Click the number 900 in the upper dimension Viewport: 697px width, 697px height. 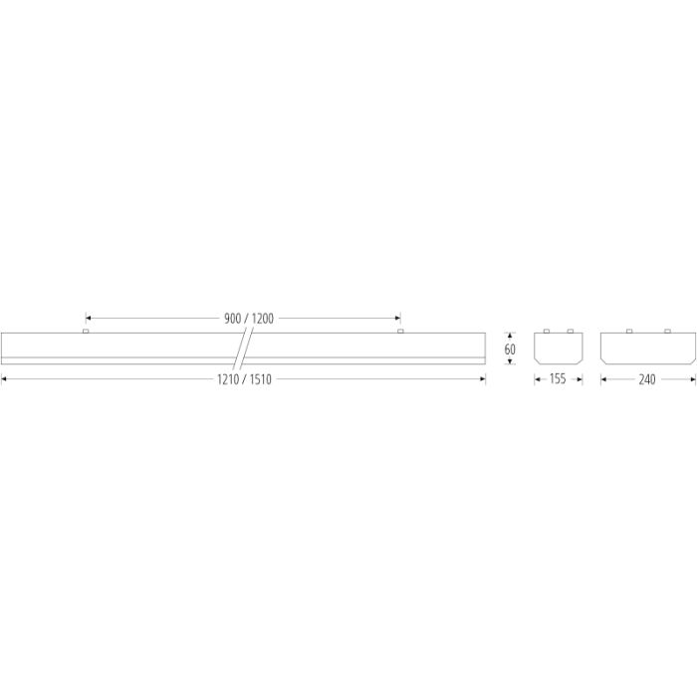tap(232, 319)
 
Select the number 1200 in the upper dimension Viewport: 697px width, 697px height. tap(263, 319)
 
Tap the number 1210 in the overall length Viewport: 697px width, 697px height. tap(228, 379)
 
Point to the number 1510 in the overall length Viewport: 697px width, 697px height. tap(261, 379)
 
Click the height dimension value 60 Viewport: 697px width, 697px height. tap(510, 348)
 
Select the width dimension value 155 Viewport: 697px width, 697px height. tap(558, 378)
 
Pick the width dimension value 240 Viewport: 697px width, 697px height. tap(647, 379)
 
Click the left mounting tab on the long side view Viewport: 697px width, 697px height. tap(86, 332)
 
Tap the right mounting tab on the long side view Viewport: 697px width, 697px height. tap(400, 332)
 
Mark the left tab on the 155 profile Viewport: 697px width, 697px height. tap(547, 332)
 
